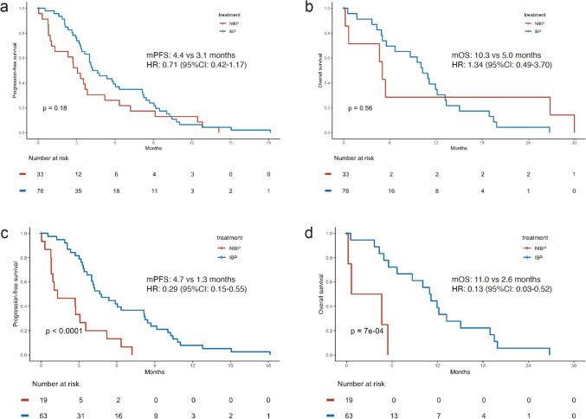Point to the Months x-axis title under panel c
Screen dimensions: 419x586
click(x=155, y=367)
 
